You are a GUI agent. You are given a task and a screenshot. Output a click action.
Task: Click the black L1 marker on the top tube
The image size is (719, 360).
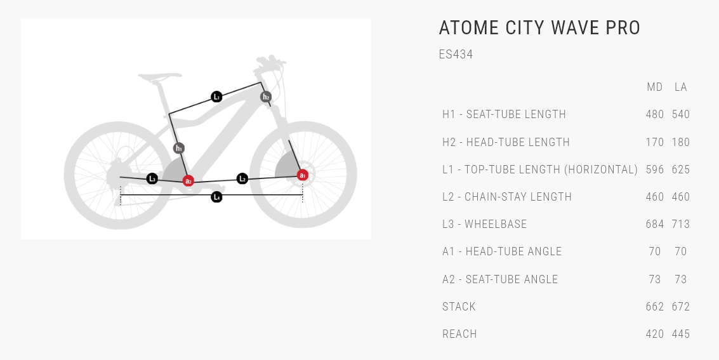click(x=216, y=97)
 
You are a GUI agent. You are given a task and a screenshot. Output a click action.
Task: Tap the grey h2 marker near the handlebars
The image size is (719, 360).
click(x=266, y=97)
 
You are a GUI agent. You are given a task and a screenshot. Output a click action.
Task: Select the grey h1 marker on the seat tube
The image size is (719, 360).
click(x=179, y=148)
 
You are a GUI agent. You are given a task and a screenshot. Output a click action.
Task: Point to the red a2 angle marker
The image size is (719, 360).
click(x=188, y=181)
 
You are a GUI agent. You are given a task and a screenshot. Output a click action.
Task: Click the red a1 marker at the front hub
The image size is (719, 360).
click(x=303, y=175)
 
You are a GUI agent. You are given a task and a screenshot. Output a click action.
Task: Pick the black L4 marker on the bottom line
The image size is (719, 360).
click(x=216, y=197)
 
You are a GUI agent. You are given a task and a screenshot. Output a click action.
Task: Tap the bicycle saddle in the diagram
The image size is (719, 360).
click(x=159, y=77)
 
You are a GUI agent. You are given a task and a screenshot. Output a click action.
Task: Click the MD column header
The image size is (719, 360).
click(x=654, y=87)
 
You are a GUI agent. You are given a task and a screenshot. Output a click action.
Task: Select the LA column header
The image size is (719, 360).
click(x=681, y=87)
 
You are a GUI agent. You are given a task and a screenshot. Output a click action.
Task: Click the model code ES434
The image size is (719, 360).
click(x=456, y=54)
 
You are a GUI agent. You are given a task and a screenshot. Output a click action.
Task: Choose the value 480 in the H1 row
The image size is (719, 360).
click(x=655, y=114)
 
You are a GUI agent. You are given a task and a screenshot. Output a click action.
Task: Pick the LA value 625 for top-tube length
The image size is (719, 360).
click(x=681, y=170)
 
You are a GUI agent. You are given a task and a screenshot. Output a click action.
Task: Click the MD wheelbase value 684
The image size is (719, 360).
click(x=655, y=224)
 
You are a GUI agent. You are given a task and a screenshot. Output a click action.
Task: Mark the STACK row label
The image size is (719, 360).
click(x=459, y=307)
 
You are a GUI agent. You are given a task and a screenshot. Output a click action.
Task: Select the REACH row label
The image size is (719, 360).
click(x=459, y=335)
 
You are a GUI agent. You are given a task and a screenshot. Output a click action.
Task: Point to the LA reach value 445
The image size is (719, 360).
click(x=681, y=335)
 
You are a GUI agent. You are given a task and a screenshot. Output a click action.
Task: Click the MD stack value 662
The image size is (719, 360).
click(x=655, y=307)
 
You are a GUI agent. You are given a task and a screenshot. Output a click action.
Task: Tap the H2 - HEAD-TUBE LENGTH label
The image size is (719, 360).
click(x=506, y=142)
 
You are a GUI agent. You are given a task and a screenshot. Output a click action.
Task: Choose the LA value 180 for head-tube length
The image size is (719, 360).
click(x=681, y=142)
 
